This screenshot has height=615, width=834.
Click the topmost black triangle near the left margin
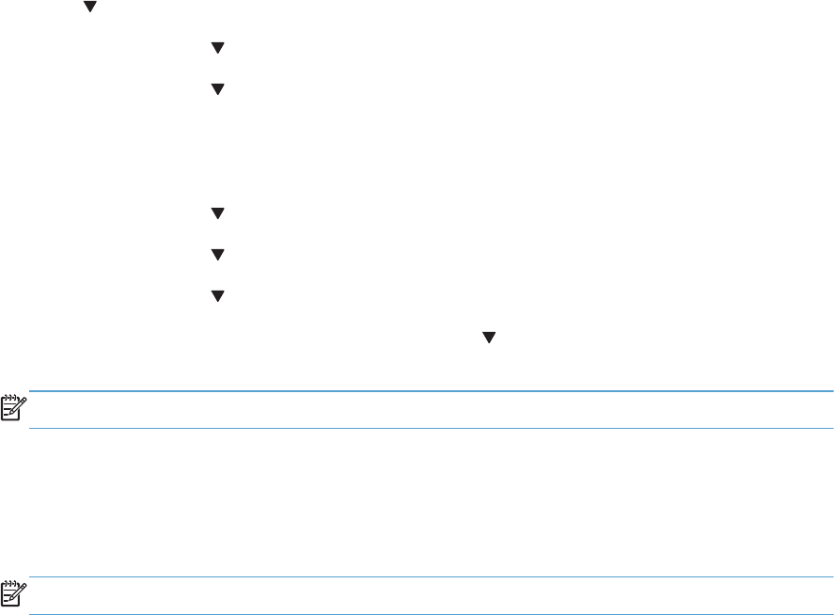pos(90,7)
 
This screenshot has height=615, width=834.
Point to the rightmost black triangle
pos(488,336)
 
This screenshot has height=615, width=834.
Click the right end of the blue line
pos(831,391)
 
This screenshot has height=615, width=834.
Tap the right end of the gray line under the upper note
pos(831,429)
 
